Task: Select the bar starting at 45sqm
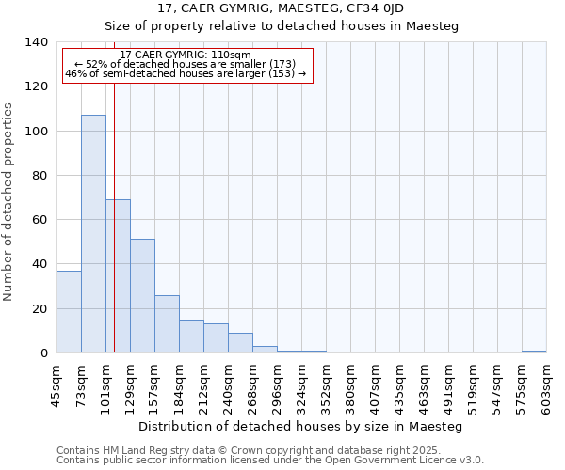click(69, 311)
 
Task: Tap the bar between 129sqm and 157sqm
click(142, 295)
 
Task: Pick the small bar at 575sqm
click(534, 352)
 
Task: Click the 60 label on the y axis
click(40, 220)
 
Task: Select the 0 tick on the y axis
click(43, 353)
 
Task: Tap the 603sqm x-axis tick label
click(547, 386)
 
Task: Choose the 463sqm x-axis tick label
click(425, 386)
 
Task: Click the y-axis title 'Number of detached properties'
click(9, 202)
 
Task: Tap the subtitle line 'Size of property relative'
click(282, 26)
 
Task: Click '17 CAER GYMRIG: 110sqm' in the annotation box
click(186, 55)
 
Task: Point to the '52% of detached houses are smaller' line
click(186, 64)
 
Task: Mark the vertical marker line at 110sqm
click(114, 235)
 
